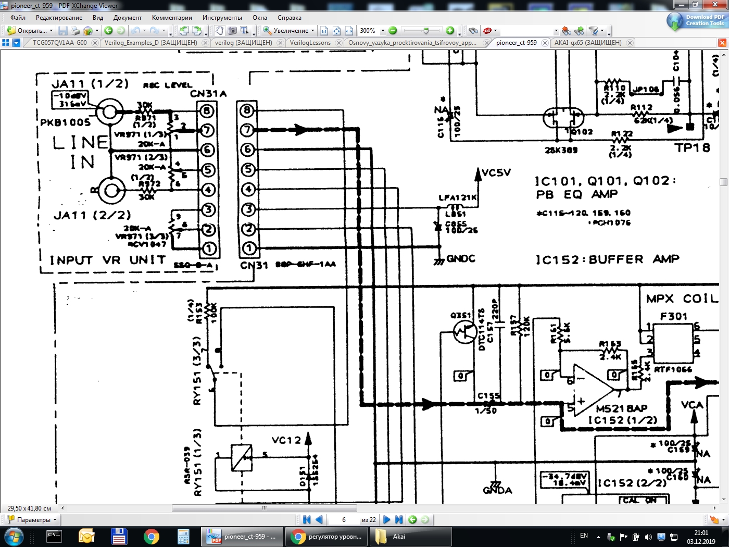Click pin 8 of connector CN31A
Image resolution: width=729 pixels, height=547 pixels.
[207, 110]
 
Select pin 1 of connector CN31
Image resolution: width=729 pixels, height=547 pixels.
[248, 248]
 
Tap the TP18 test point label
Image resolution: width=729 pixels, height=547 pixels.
[692, 148]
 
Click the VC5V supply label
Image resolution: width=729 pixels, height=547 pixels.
[496, 172]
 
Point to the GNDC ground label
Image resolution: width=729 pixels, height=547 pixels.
[461, 258]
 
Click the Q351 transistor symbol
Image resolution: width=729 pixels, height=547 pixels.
[464, 331]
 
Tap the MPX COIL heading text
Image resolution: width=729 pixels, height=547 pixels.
[682, 299]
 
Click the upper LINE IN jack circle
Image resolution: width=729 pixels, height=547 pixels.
[109, 111]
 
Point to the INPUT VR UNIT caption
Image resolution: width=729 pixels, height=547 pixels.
[108, 260]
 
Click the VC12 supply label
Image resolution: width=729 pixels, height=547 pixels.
[286, 440]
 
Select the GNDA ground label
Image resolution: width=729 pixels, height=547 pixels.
[497, 490]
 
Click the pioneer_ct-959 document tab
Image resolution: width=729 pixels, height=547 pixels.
[516, 43]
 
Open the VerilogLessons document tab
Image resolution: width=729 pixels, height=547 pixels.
[310, 43]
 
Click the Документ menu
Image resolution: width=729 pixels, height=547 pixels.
[127, 18]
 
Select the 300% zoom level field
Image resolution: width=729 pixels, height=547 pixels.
[369, 31]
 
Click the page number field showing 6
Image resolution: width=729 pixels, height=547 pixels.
[344, 519]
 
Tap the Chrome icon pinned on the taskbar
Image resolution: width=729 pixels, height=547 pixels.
[151, 537]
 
